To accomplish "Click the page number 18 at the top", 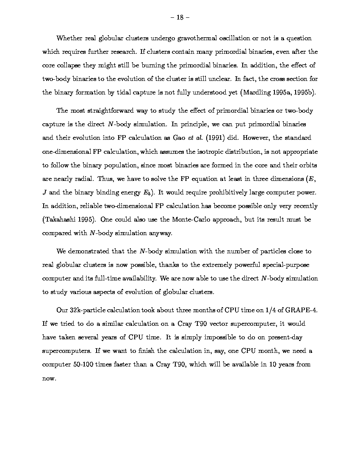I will pyautogui.click(x=180, y=17).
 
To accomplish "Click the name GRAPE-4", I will pyautogui.click(x=303, y=310).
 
